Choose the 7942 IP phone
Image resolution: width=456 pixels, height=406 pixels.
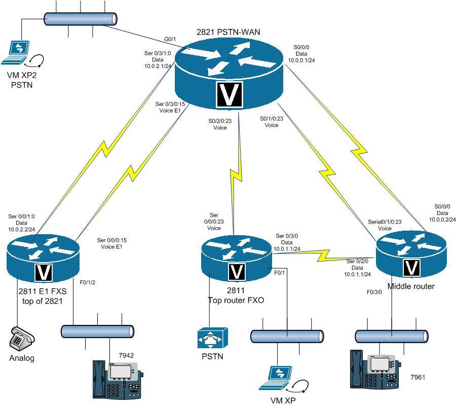118,378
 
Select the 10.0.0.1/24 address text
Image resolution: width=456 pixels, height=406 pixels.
301,59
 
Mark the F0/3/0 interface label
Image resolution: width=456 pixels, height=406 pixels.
375,292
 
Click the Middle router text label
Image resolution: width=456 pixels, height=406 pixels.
410,286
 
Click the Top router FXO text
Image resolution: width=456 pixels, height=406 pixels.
236,300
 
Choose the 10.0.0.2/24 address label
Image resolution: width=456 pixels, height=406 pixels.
442,219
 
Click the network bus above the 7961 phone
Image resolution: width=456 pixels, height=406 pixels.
392,336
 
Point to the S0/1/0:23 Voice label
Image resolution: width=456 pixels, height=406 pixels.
271,122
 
